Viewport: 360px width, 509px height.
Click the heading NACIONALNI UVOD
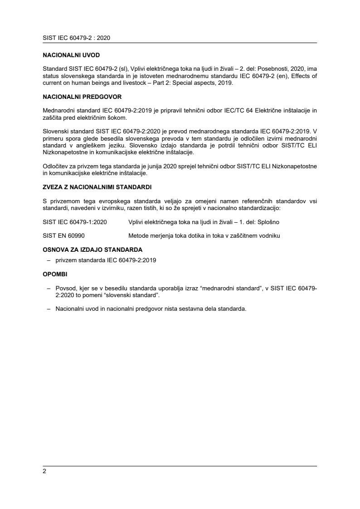tap(71, 55)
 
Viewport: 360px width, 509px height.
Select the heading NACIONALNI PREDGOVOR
tap(83, 97)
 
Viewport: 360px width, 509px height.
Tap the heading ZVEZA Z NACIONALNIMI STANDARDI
tap(97, 186)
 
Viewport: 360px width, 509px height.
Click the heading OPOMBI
tap(55, 274)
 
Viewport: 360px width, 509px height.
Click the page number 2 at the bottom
tap(44, 471)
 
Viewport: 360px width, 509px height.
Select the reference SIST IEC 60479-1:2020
tap(75, 222)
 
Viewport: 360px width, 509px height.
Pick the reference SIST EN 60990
tap(63, 236)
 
